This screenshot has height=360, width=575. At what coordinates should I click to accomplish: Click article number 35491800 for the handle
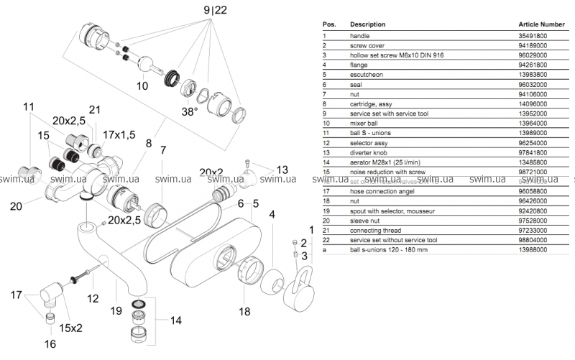533,35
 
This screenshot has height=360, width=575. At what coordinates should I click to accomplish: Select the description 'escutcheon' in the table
366,73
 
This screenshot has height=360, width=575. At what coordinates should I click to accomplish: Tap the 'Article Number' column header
541,24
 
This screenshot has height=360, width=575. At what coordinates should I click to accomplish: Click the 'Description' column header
367,24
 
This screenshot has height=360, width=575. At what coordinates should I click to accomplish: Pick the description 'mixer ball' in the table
366,123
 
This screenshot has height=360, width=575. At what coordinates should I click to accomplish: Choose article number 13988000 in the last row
533,249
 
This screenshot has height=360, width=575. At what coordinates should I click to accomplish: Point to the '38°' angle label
189,112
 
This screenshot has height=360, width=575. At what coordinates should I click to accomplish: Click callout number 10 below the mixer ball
142,86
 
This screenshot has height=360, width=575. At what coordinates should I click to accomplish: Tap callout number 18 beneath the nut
244,311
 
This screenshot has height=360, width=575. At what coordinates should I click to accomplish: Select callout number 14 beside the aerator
175,320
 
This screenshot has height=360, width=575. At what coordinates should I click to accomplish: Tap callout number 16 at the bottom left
50,343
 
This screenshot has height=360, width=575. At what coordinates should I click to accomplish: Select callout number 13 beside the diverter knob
282,170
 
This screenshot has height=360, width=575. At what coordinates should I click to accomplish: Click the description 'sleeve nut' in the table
367,221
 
